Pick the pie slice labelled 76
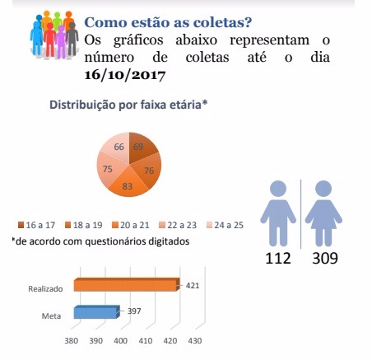(149, 171)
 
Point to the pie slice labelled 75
(107, 169)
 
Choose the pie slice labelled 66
(117, 147)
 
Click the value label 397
(135, 311)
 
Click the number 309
(327, 259)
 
